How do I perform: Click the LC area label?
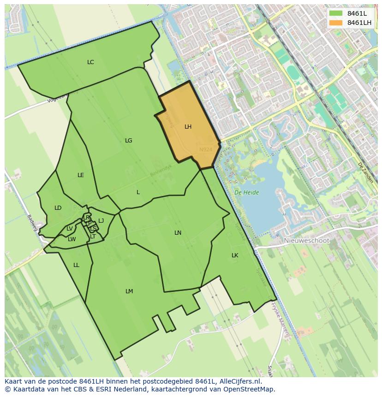tap(90, 62)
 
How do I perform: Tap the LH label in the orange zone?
tap(188, 127)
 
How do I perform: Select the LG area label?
tap(128, 141)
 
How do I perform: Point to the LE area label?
tap(81, 175)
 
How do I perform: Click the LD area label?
tap(58, 208)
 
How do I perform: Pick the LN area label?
tap(178, 233)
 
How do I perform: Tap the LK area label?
tap(235, 255)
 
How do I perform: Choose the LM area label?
tap(129, 291)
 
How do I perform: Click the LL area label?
tap(76, 265)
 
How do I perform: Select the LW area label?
tap(72, 239)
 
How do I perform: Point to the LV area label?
tap(69, 229)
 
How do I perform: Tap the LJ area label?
tap(101, 221)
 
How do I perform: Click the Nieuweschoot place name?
tap(307, 241)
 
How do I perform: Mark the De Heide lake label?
tap(246, 193)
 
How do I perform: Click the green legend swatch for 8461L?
tap(336, 13)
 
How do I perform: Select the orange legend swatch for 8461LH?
tap(336, 23)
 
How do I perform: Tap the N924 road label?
tap(206, 150)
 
